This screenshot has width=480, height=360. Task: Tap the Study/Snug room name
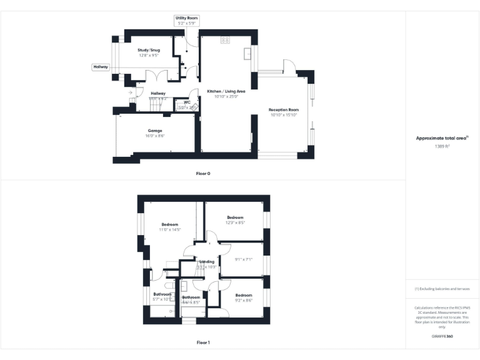(149, 50)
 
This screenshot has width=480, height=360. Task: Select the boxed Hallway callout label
(101, 66)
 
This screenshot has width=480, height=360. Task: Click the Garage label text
(154, 131)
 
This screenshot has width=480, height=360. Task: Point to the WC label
(187, 102)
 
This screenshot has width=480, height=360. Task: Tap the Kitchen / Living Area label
(226, 91)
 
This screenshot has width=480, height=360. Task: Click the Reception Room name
(284, 109)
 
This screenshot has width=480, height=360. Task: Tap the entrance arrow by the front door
(131, 92)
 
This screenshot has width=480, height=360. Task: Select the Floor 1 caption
(202, 342)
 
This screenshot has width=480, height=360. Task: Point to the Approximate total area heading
(441, 138)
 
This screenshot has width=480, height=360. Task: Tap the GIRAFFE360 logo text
(442, 337)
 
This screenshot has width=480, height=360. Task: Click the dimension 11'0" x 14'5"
(169, 230)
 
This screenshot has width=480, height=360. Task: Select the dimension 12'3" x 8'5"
(234, 222)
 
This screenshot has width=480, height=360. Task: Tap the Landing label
(207, 261)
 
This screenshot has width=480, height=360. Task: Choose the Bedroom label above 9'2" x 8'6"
(243, 295)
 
